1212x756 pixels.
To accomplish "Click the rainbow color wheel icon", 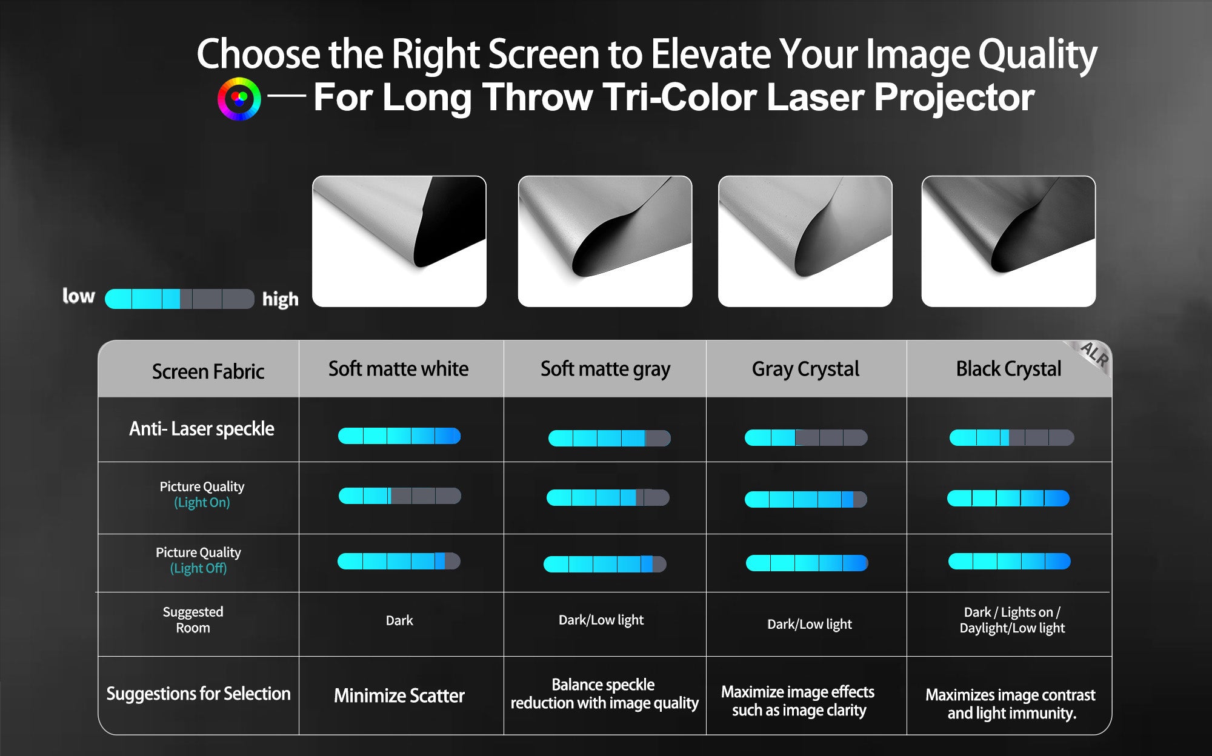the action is coord(239,99).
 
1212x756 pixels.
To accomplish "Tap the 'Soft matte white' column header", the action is coord(398,369).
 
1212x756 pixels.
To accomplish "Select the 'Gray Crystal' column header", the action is coord(805,369).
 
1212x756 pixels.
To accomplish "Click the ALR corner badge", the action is coord(1093,356).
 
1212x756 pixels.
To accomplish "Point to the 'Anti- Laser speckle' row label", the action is coord(202,429).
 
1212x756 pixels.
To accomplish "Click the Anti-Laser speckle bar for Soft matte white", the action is coord(399,436).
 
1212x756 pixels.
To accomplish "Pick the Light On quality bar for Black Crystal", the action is coord(1008,498).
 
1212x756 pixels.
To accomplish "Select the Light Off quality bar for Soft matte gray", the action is coord(605,564).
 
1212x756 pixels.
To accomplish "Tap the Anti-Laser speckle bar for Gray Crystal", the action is coord(806,437).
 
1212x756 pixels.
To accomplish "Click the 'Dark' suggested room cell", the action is coord(399,620).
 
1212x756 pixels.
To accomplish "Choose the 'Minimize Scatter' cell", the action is coord(399,695).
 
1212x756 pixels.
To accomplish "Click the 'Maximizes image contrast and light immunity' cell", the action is coord(1010,704).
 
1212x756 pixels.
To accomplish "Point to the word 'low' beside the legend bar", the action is coord(79,296).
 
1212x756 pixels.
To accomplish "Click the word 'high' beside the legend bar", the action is coord(281,299).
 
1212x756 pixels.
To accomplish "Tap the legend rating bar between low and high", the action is coord(179,299).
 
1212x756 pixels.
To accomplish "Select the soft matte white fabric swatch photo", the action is coord(399,241).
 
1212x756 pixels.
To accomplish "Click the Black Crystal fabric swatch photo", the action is coord(1008,241).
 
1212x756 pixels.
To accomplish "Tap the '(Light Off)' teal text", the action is coord(198,568).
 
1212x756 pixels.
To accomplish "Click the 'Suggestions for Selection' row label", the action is coord(199,694).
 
